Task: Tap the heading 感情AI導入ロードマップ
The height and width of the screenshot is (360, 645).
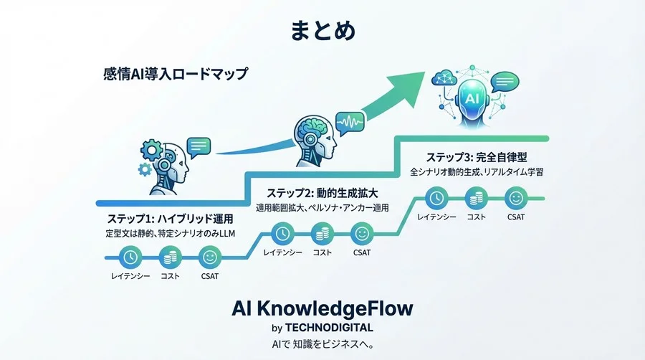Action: coord(176,74)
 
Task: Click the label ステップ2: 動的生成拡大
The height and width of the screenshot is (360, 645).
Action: coord(322,193)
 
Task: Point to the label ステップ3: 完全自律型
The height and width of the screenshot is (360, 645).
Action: coord(477,157)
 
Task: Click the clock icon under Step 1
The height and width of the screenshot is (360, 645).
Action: coord(130,256)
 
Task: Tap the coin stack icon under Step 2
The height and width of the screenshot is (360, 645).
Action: coord(322,232)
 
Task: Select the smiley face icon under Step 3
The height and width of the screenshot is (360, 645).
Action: coord(515,197)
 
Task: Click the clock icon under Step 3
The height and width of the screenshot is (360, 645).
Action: coord(436,197)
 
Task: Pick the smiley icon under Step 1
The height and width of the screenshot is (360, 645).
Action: coord(210,256)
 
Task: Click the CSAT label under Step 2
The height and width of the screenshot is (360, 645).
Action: coord(362,252)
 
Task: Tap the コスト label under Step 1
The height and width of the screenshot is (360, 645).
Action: coord(171,275)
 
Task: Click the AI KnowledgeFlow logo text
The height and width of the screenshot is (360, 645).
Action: coord(322,309)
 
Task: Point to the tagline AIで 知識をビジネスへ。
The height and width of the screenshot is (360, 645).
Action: coord(322,343)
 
